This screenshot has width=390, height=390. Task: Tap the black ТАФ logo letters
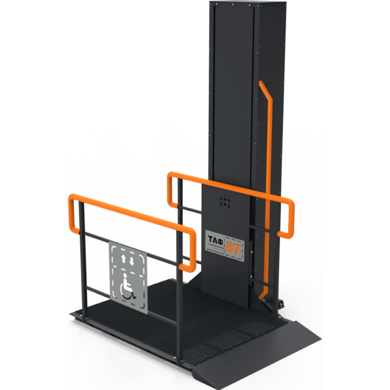pyautogui.click(x=215, y=240)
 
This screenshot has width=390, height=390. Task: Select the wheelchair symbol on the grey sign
pyautogui.click(x=127, y=286)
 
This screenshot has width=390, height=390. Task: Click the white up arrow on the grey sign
pyautogui.click(x=123, y=258)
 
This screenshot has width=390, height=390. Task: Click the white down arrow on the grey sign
pyautogui.click(x=132, y=261)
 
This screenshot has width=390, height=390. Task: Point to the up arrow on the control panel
pyautogui.click(x=221, y=205)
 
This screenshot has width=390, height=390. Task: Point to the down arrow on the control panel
pyautogui.click(x=229, y=206)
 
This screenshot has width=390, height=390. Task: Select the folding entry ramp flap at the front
pyautogui.click(x=256, y=355)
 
